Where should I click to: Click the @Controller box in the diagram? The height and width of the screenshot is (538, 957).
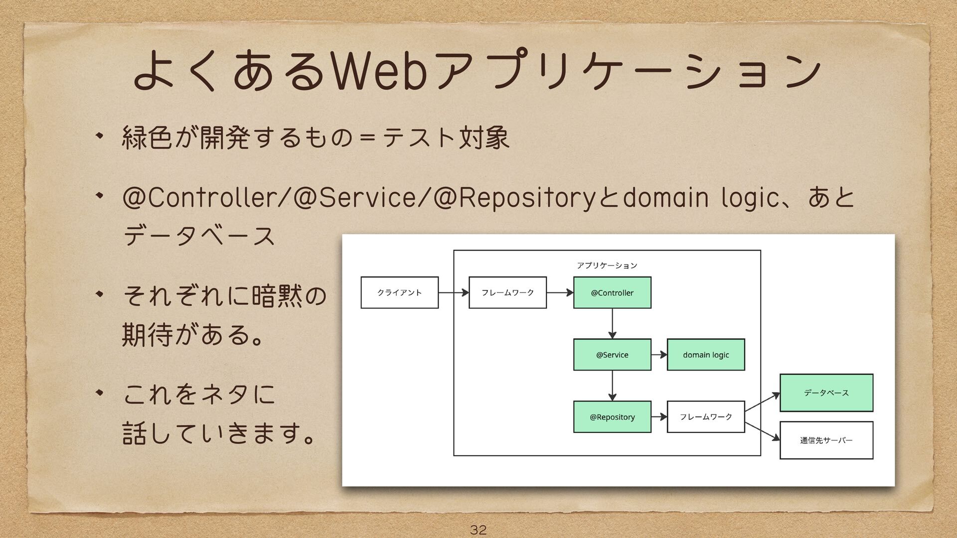pos(612,292)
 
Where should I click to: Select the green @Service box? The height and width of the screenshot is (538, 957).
pos(612,355)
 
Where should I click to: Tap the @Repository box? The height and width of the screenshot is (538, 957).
pos(612,417)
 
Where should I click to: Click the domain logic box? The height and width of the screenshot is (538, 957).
pos(706,355)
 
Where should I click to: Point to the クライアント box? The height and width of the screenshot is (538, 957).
pos(399,292)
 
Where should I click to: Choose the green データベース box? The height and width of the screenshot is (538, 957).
pos(826,393)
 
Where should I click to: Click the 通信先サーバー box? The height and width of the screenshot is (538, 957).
pos(826,440)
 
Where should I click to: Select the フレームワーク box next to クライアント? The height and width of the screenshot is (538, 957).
pos(507,292)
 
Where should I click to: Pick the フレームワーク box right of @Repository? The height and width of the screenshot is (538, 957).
pos(706,417)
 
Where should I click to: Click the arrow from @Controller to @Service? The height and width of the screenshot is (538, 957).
pos(612,323)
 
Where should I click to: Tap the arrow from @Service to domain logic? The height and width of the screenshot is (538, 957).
pos(659,355)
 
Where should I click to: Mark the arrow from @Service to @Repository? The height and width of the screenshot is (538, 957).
pos(612,386)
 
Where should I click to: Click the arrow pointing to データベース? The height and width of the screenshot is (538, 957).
pos(762,402)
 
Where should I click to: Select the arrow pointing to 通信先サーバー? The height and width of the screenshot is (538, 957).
pos(762,431)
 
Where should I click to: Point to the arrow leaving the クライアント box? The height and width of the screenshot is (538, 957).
pos(453,292)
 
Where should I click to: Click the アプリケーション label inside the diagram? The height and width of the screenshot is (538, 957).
pos(607,266)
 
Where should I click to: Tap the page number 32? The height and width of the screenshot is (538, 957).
pos(478,529)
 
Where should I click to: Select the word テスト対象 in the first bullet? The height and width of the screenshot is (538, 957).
pos(446,137)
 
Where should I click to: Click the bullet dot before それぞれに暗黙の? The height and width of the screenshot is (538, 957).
pos(100,294)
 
